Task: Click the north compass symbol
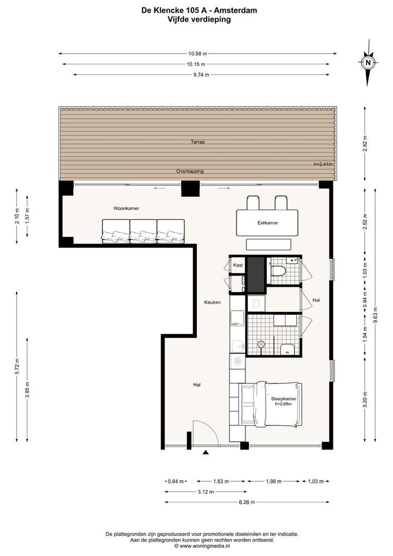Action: [368, 63]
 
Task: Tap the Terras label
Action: [198, 142]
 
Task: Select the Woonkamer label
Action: [126, 208]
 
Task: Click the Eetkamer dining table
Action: [267, 223]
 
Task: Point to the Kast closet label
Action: [238, 265]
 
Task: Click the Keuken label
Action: [212, 303]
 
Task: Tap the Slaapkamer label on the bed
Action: [283, 398]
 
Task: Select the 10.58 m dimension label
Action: [198, 54]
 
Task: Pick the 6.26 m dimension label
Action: [246, 502]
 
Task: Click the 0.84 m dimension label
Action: [176, 481]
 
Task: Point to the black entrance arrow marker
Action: [205, 452]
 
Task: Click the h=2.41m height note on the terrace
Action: [323, 165]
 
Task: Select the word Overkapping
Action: [190, 171]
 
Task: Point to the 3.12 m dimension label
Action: [206, 492]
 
